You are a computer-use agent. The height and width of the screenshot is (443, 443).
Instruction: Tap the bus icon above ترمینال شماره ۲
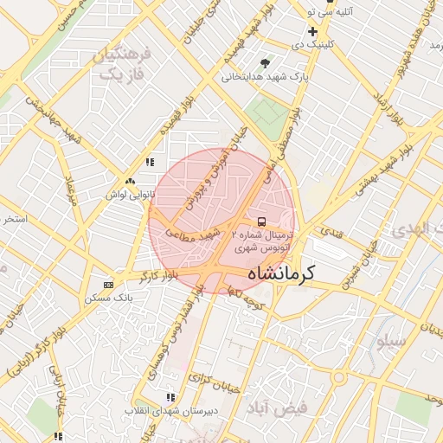pos(262,220)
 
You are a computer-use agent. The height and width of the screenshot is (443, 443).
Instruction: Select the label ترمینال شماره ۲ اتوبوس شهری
pos(264,241)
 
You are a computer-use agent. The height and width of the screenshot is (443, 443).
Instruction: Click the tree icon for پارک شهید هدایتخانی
pos(265,62)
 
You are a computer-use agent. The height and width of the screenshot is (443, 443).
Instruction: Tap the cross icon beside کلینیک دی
pos(312,31)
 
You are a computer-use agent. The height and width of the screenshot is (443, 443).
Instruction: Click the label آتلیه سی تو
pos(321,11)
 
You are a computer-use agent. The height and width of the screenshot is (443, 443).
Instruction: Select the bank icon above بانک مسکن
pos(107,285)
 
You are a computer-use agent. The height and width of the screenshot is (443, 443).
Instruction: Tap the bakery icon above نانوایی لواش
pos(130,182)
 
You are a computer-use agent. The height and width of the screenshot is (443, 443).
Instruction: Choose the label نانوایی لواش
pos(130,195)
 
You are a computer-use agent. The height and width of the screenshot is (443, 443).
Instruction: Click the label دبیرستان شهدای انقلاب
pos(170,410)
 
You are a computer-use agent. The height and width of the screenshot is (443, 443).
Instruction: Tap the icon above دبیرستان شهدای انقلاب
pos(170,397)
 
